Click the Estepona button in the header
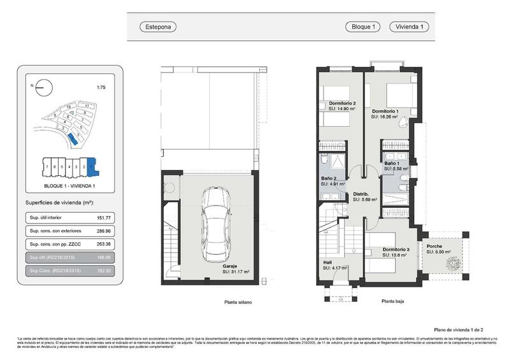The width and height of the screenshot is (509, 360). pos(157,27)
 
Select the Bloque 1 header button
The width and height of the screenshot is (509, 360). pos(362,27)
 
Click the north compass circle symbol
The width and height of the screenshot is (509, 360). pos(42,87)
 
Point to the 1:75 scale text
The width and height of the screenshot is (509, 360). pos(100,87)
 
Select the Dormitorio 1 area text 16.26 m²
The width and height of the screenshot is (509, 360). pos(389,117)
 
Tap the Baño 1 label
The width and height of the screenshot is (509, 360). pos(392,163)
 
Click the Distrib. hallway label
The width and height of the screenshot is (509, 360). pos(362,194)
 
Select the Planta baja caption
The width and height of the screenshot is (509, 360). pos(392,301)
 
